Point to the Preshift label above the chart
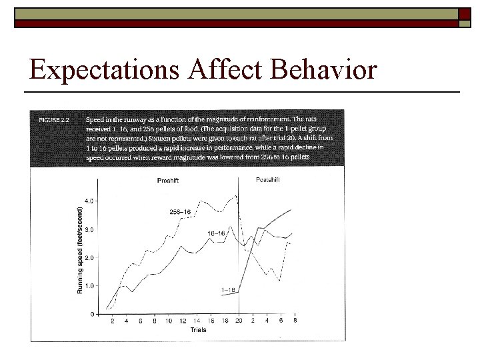click(167, 180)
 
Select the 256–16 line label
click(180, 212)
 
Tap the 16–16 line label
click(215, 234)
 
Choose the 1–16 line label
click(227, 290)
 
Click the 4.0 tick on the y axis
click(89, 201)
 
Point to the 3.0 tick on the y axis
click(89, 229)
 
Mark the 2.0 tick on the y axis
click(89, 257)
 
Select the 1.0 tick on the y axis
click(89, 286)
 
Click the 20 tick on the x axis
click(239, 321)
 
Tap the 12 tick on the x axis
click(183, 321)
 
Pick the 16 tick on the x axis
click(211, 321)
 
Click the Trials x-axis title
click(198, 329)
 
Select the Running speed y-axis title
click(81, 250)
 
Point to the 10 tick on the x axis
click(169, 321)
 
